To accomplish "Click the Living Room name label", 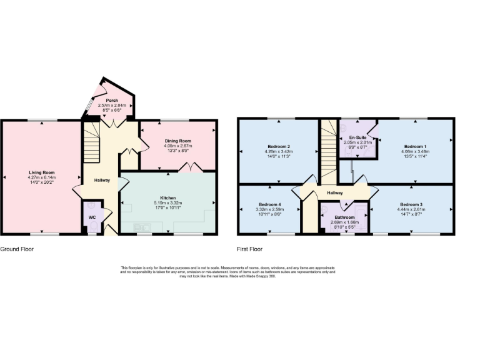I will [x=41, y=172].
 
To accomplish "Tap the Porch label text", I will [x=112, y=100].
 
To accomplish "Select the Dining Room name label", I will [x=177, y=141].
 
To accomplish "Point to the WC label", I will [x=92, y=217].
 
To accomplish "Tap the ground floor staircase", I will [x=92, y=141].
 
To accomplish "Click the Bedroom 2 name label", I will [x=278, y=146].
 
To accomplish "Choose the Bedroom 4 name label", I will [x=270, y=204].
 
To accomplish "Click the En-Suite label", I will [x=357, y=136].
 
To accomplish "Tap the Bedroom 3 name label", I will [x=411, y=204].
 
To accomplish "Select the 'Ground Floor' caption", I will [x=17, y=249].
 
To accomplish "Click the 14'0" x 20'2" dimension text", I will [x=41, y=182].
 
